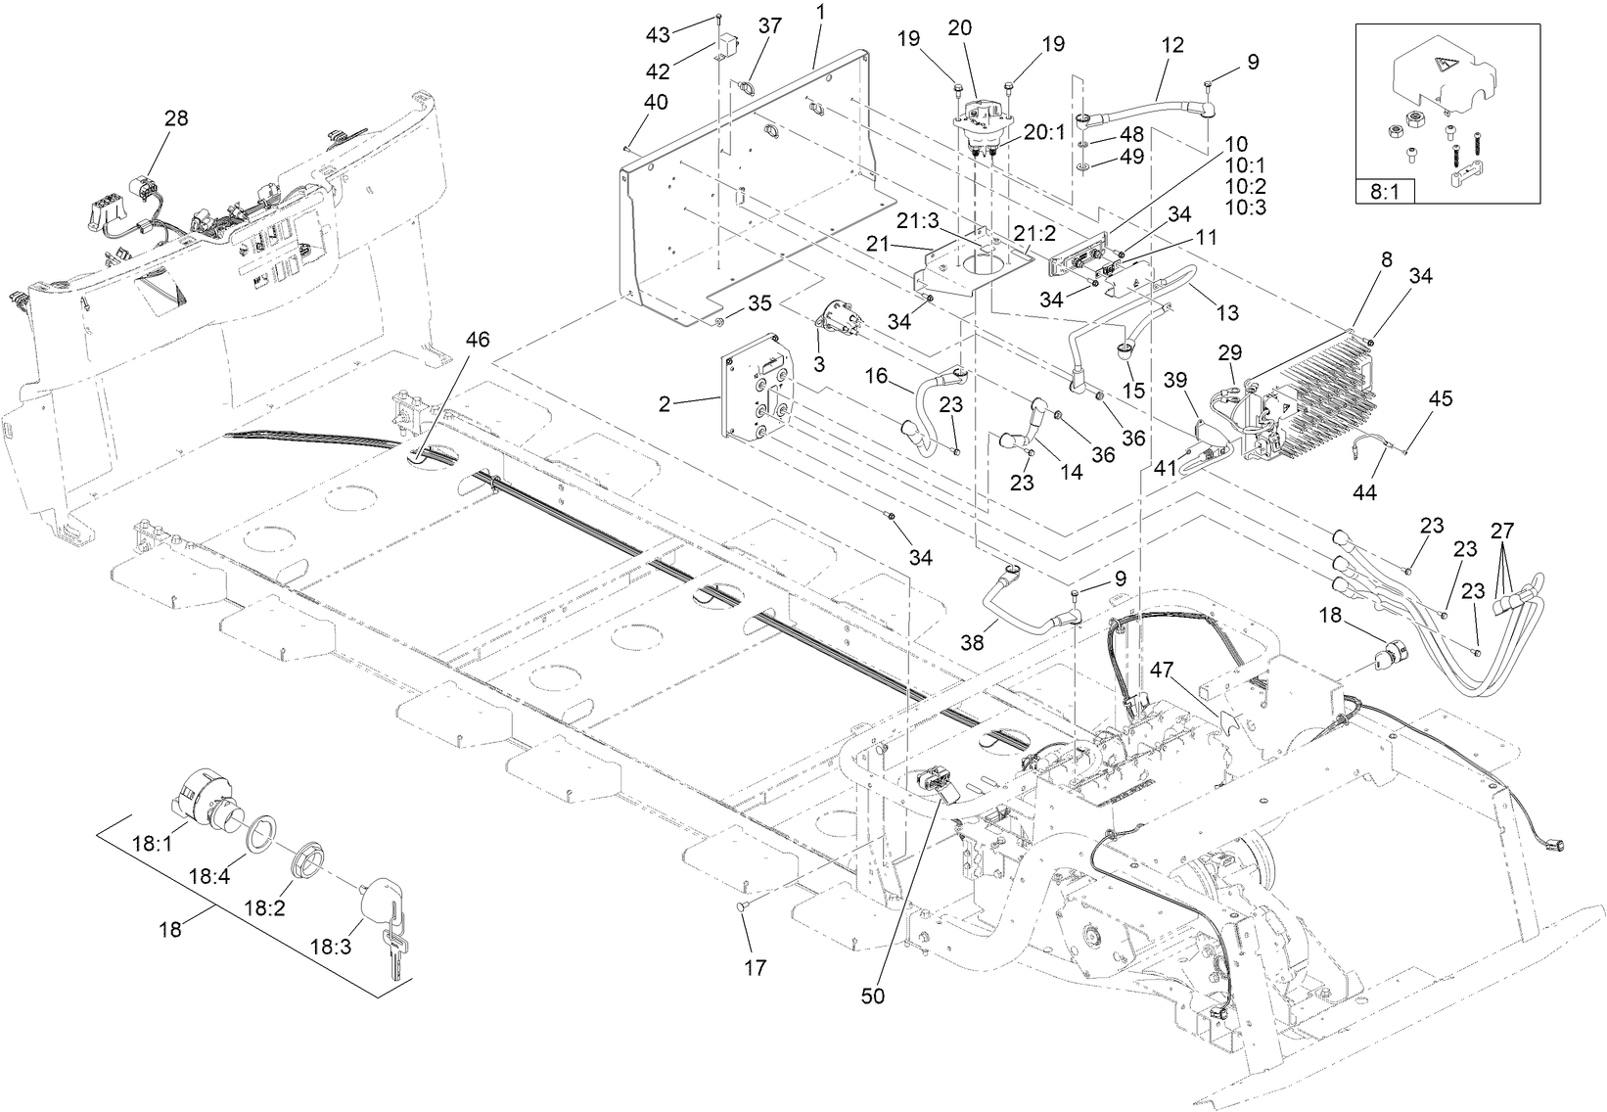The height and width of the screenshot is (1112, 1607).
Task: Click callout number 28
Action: [x=176, y=118]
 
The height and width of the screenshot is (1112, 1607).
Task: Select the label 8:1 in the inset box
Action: [x=1384, y=192]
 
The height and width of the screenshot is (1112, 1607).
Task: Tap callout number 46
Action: [x=477, y=340]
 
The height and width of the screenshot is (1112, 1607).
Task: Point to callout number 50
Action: [x=872, y=996]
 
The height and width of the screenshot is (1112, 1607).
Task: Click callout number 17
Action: [x=755, y=968]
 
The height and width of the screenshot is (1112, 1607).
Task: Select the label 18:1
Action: [x=152, y=843]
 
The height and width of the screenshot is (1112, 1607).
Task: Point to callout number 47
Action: [x=1161, y=669]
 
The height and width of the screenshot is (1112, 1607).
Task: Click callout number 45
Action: [x=1441, y=398]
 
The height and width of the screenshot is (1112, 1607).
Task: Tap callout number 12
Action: [x=1172, y=44]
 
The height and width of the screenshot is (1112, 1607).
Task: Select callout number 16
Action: [x=876, y=375]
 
